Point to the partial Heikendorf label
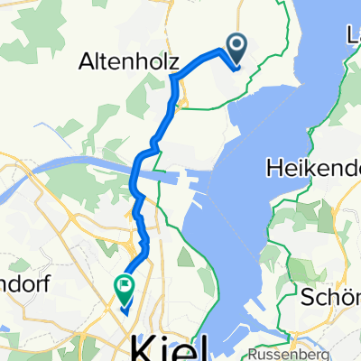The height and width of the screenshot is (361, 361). pyautogui.click(x=314, y=167)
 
